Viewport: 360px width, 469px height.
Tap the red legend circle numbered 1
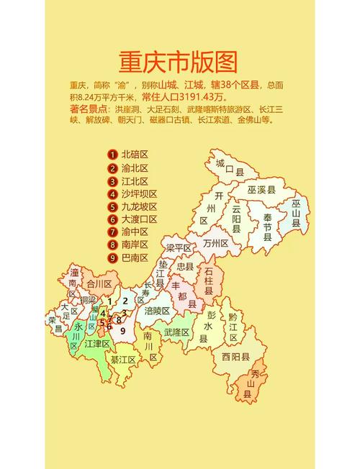[x=113, y=155]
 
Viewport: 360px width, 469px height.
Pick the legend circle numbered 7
[x=113, y=232]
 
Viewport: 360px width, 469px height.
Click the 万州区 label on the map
[x=215, y=244]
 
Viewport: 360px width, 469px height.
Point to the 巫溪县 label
[x=262, y=190]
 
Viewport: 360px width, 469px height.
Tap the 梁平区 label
[x=179, y=248]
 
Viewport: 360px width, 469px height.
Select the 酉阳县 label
[x=235, y=356]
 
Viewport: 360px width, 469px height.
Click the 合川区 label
[x=99, y=285]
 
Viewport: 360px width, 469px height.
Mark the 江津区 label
[x=96, y=344]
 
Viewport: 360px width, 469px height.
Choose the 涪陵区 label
[x=156, y=311]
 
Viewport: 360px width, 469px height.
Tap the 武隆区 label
[x=176, y=332]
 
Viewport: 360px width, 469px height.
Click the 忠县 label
[x=185, y=266]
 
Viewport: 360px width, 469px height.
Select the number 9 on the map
[x=123, y=331]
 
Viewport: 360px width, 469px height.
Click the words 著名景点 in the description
[x=89, y=109]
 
